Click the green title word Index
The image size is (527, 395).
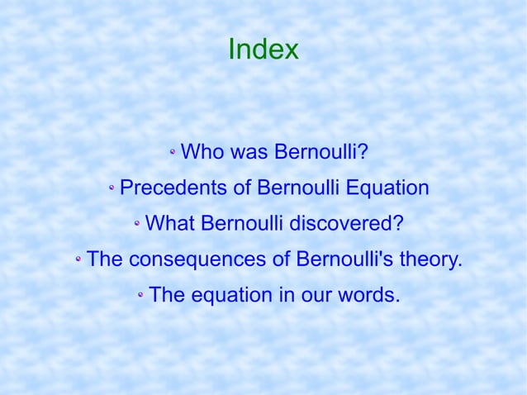(263, 50)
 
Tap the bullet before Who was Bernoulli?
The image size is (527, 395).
(173, 153)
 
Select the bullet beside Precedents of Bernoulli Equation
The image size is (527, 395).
(112, 189)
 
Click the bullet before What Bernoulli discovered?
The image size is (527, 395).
(137, 225)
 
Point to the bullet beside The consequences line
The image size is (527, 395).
(78, 260)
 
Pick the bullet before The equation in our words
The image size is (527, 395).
(141, 296)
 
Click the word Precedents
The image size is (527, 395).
(173, 188)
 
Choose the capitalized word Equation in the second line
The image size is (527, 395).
(387, 188)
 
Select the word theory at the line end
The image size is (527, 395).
(430, 259)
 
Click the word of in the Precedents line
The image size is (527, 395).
(241, 188)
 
